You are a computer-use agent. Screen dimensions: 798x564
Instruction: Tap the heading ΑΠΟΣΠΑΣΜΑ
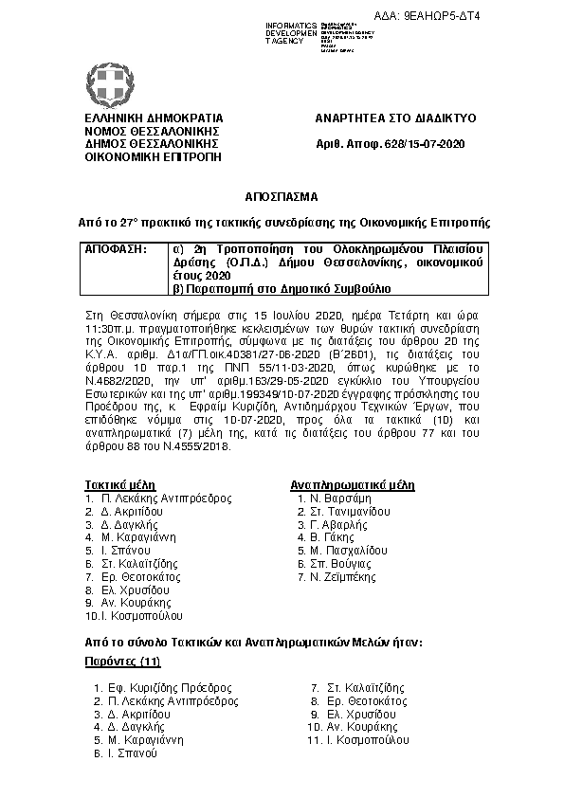pos(282,197)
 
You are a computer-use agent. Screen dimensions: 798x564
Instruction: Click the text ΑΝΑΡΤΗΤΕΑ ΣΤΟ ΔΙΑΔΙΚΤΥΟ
pos(395,118)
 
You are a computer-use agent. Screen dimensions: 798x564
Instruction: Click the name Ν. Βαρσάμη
pos(338,498)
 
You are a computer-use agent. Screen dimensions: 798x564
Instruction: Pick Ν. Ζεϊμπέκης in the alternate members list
pos(344,576)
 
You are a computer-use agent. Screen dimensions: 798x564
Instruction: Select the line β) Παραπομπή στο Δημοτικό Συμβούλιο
pos(280,286)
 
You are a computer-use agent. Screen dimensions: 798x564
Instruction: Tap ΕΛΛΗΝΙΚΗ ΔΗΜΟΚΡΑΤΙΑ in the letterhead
pos(144,118)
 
